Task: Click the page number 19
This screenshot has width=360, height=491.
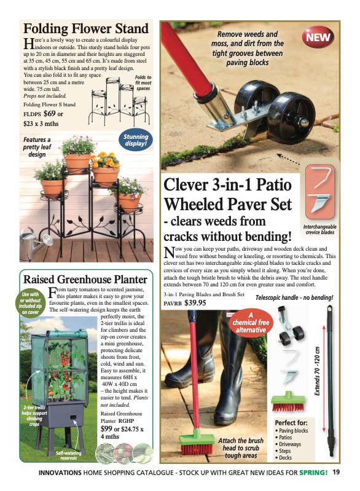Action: pyautogui.click(x=336, y=473)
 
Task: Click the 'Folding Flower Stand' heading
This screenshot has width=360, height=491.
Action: pyautogui.click(x=86, y=29)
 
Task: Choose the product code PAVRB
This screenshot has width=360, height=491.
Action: pyautogui.click(x=173, y=304)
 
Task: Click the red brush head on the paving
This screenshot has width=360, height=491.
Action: pyautogui.click(x=197, y=444)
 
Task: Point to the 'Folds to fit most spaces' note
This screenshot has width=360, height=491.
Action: pyautogui.click(x=143, y=82)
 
